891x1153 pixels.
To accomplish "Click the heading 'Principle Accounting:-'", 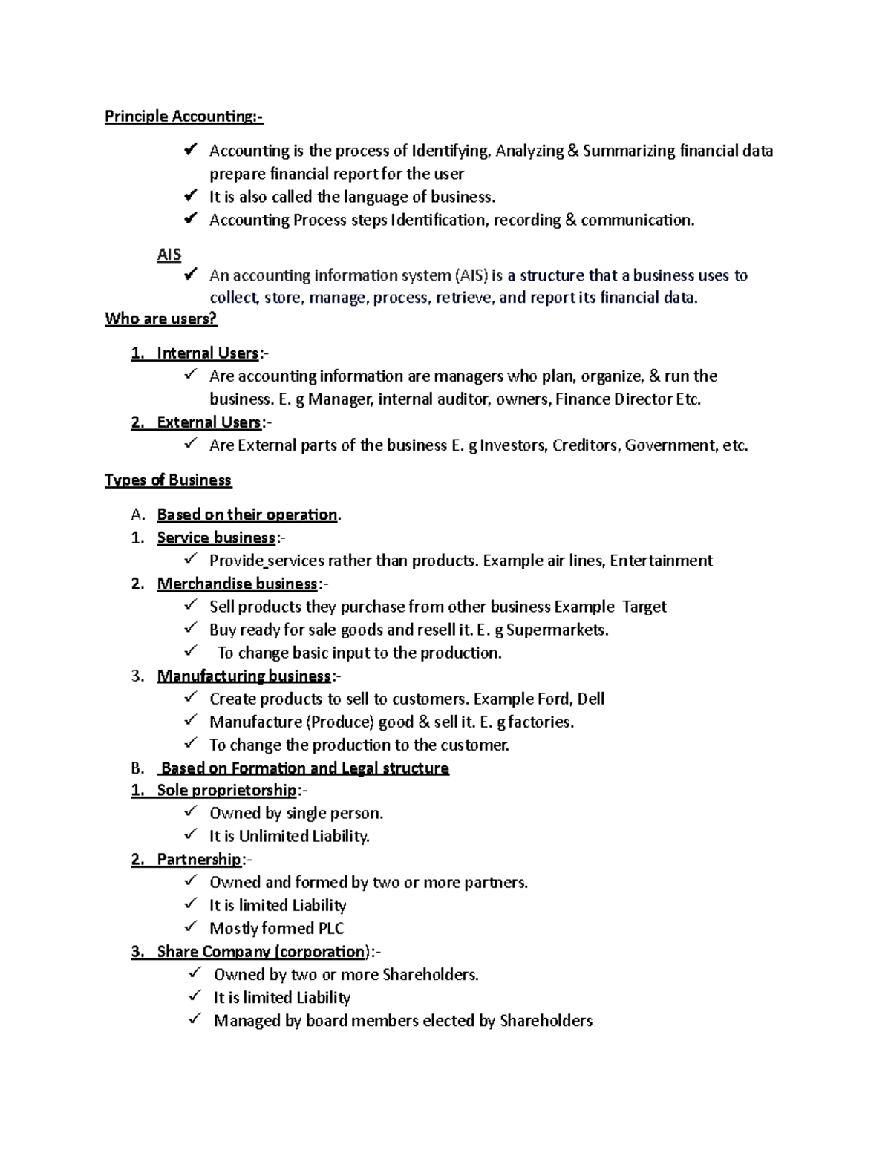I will tap(183, 117).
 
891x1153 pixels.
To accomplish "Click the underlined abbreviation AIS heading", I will tap(169, 255).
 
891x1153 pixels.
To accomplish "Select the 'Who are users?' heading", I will tap(160, 319).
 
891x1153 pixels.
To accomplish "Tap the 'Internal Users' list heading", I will tap(208, 353).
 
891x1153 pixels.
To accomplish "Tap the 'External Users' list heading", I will tap(209, 422).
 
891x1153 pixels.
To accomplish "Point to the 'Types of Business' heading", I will tap(168, 480).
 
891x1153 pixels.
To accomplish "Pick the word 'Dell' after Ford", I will tap(591, 699).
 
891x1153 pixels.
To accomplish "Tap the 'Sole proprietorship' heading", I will tap(226, 790).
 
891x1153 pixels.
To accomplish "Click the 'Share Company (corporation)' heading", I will tap(262, 952).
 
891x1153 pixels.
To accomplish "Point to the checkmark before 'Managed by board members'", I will tap(195, 1019).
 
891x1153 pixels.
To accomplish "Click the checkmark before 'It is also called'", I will tap(191, 196).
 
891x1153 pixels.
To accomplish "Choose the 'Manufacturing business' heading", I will tap(244, 676).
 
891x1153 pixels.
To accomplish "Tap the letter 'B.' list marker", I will tap(137, 768).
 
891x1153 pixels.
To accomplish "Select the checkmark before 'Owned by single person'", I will tap(191, 812).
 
